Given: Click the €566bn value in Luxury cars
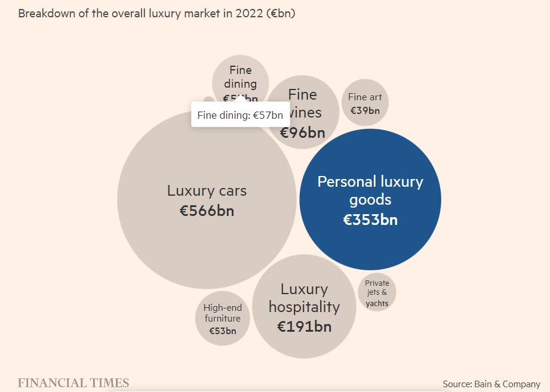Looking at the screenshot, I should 207,211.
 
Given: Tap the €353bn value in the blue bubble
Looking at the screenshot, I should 370,220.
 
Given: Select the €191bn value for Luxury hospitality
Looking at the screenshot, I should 304,326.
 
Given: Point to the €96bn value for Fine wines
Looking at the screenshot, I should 303,132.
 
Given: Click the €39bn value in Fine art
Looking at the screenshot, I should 365,110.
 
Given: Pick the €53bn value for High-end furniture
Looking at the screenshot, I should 222,331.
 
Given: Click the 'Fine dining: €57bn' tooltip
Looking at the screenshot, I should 240,115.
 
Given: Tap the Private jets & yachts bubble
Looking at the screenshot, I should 377,292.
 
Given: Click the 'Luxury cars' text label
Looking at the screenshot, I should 207,191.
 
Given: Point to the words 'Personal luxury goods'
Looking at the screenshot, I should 370,190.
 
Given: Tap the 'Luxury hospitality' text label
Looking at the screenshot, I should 304,298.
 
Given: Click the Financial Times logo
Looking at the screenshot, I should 73,383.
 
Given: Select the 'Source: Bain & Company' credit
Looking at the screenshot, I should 491,384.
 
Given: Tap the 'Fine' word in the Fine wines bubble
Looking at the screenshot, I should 302,94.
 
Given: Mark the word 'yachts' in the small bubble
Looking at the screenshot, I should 377,303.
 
